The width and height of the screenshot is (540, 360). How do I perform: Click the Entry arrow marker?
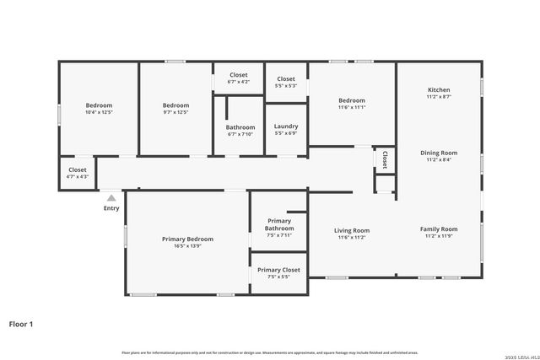111,197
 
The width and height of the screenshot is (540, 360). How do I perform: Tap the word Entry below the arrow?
111,208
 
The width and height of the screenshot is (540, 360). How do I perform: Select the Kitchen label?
439,89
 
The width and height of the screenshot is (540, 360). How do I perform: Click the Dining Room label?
439,153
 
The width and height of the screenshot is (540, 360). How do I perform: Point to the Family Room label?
439,229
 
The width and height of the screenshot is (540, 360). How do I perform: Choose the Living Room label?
352,230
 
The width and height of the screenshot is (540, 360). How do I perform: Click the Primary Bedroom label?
187,239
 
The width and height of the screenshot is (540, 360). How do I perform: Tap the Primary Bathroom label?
279,224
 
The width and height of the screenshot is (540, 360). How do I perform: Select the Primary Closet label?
278,270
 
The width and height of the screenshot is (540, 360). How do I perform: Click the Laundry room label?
286,126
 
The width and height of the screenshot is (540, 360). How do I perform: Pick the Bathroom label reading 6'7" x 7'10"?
240,134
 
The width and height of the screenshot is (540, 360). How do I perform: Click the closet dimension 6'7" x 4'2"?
239,82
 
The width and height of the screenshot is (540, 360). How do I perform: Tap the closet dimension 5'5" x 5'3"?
286,85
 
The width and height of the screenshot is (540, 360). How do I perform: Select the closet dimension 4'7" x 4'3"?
78,176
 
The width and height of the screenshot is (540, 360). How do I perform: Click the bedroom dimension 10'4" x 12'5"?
99,112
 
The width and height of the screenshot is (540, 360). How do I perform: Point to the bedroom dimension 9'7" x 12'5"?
175,112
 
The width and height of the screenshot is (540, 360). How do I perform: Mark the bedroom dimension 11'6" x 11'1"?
352,107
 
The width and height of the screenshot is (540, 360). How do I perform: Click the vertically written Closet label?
385,159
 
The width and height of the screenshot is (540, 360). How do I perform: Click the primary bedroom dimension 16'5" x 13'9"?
187,246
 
